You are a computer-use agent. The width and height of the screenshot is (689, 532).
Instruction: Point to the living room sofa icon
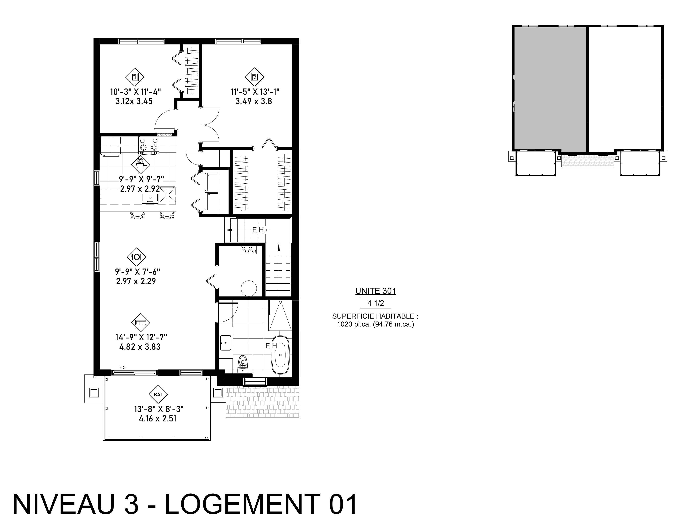tap(140, 323)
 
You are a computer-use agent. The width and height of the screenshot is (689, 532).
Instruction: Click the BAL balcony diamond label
tap(158, 395)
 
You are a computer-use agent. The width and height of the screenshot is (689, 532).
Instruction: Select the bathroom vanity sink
tap(226, 343)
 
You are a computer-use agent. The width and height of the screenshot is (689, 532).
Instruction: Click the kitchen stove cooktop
tap(148, 145)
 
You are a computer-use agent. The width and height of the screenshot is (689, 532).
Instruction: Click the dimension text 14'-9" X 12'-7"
tap(141, 337)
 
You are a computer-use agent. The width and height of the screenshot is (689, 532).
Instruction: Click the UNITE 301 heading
tap(376, 291)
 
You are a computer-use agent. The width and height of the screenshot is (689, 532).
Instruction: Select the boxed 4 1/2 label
tap(375, 303)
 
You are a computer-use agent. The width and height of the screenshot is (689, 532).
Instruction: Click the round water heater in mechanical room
tap(249, 288)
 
